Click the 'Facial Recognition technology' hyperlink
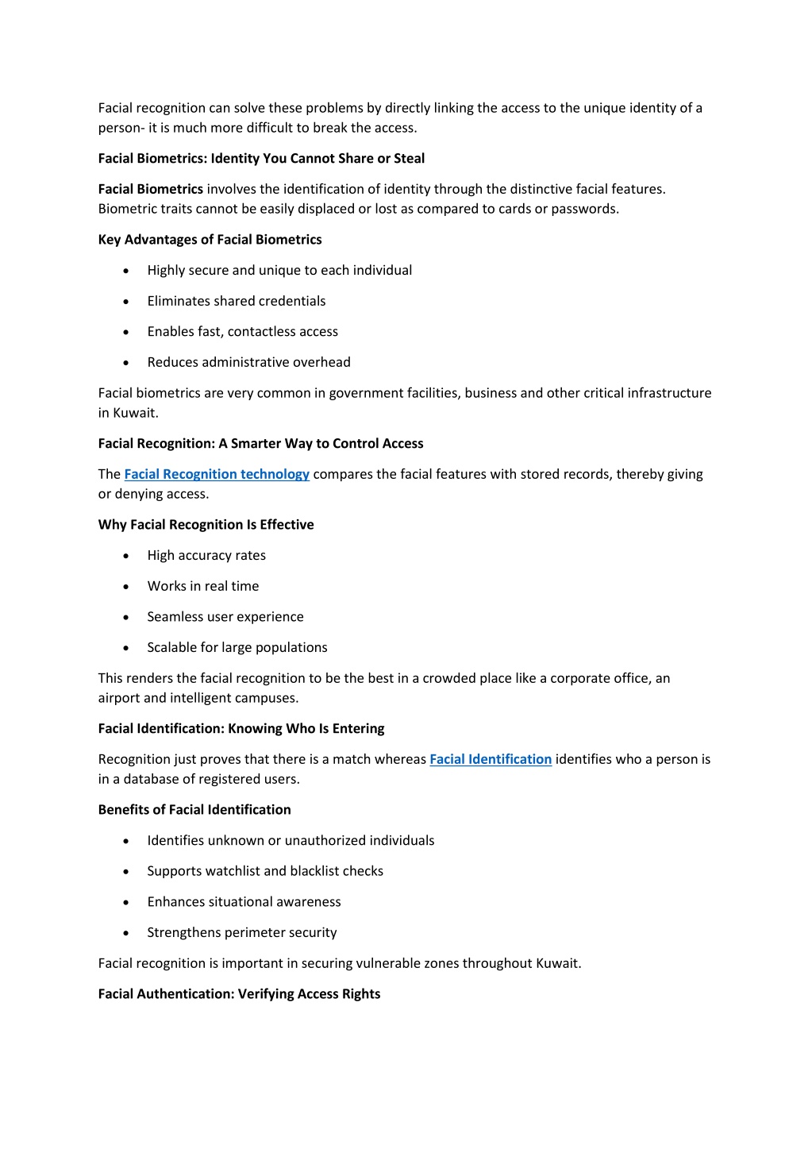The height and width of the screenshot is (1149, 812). pyautogui.click(x=217, y=474)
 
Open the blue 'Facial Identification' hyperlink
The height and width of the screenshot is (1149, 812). pyautogui.click(x=491, y=759)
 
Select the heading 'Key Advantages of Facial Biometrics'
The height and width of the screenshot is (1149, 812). pyautogui.click(x=210, y=239)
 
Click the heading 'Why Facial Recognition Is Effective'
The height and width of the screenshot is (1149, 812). pyautogui.click(x=206, y=524)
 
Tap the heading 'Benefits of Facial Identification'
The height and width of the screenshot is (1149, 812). pyautogui.click(x=194, y=809)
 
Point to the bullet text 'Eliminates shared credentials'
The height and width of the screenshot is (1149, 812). pyautogui.click(x=236, y=301)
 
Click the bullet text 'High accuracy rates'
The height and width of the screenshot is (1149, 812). pyautogui.click(x=206, y=555)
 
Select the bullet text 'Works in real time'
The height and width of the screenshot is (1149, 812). pyautogui.click(x=202, y=586)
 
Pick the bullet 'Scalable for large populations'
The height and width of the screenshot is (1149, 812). pyautogui.click(x=237, y=647)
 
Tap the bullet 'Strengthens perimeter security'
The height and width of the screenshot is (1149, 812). pyautogui.click(x=241, y=932)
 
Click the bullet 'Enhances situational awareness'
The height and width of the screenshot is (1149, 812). pyautogui.click(x=244, y=901)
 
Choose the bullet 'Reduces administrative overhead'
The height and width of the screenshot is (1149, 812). pyautogui.click(x=248, y=362)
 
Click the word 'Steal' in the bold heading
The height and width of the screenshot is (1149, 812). pyautogui.click(x=409, y=158)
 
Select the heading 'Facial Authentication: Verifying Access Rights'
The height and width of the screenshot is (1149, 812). pyautogui.click(x=239, y=993)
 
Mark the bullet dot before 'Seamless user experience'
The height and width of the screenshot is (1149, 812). pyautogui.click(x=126, y=617)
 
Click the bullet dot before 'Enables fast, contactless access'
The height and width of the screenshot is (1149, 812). pyautogui.click(x=126, y=332)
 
